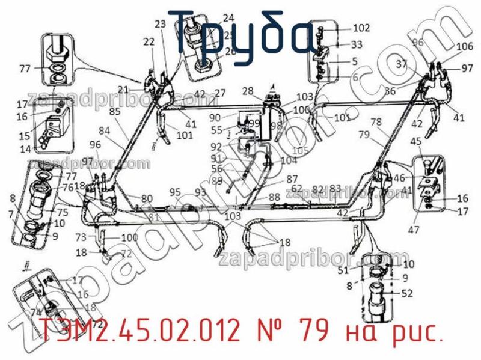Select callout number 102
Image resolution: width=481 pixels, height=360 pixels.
click(x=361, y=27)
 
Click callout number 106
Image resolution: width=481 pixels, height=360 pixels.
click(x=464, y=46)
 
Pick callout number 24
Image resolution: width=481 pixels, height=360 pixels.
click(x=228, y=17)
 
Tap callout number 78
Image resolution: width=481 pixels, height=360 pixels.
click(x=376, y=121)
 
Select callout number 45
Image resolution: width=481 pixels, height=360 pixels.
click(x=415, y=141)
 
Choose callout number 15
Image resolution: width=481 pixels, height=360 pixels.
click(x=25, y=136)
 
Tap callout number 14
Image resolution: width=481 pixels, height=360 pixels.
click(x=25, y=148)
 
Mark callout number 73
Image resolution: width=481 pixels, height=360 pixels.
click(x=81, y=237)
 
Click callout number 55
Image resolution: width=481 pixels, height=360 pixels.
click(x=216, y=130)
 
